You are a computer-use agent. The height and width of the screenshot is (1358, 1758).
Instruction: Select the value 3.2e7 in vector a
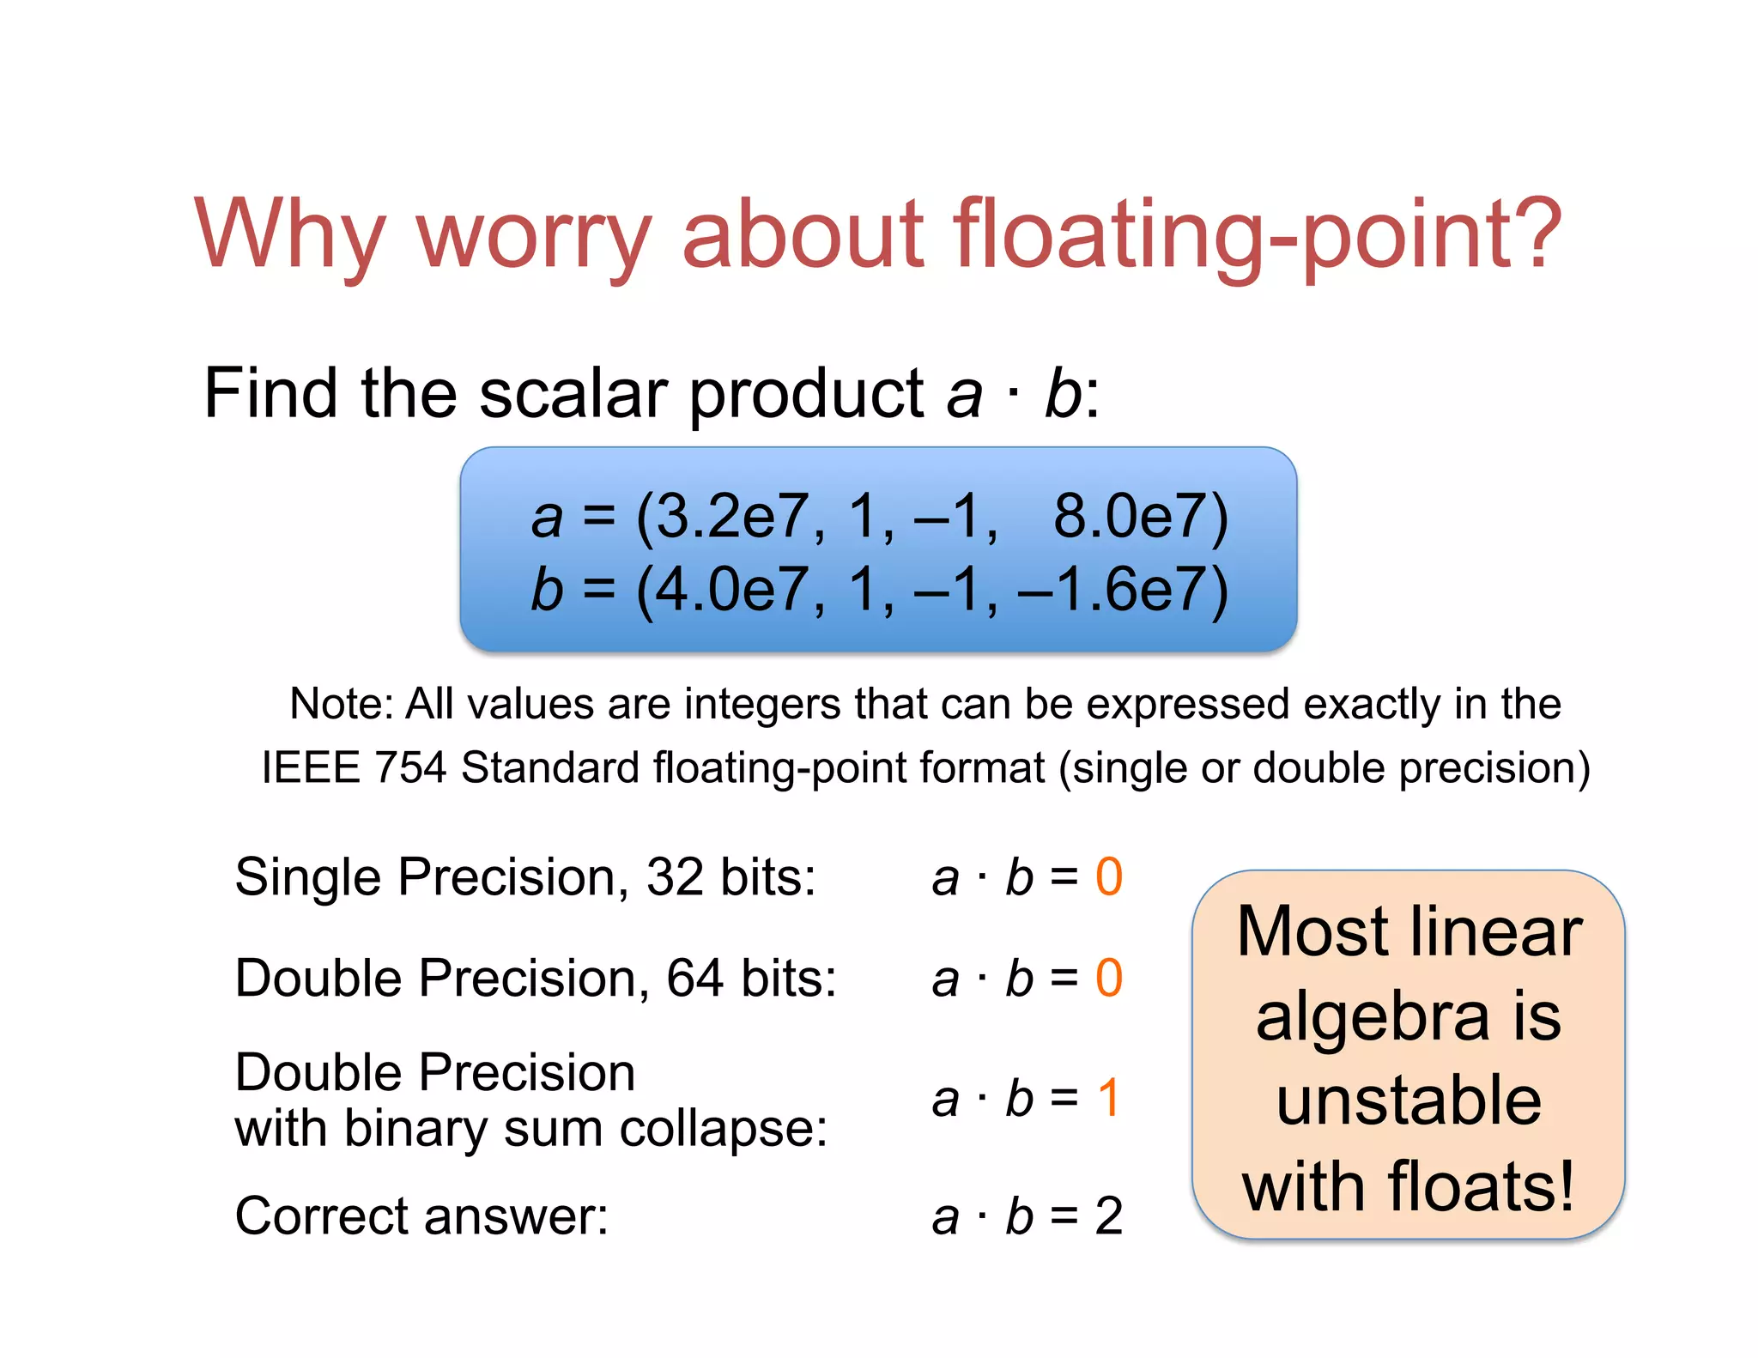tap(730, 517)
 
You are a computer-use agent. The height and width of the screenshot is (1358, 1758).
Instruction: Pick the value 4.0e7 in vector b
tap(730, 591)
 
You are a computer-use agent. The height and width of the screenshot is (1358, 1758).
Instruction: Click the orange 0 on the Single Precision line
tap(1108, 877)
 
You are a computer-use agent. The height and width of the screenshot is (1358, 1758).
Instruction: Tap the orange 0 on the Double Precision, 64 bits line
tap(1108, 979)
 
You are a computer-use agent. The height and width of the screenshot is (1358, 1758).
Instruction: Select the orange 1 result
tap(1108, 1098)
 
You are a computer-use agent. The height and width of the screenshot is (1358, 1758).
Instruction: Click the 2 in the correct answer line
tap(1108, 1216)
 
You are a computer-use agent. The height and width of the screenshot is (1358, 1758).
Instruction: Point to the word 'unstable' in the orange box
tap(1409, 1101)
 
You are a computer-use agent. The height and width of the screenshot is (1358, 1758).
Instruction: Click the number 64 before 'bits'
tap(694, 979)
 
